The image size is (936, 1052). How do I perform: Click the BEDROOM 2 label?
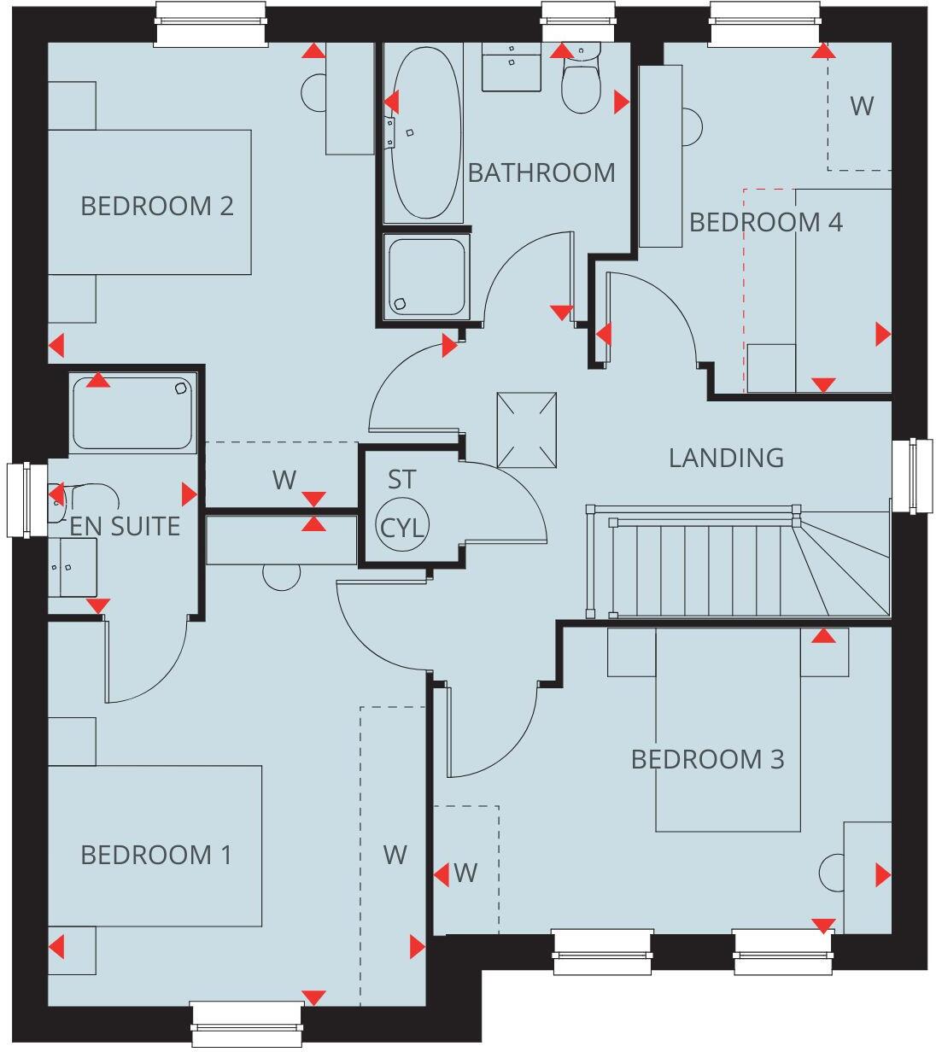click(x=156, y=206)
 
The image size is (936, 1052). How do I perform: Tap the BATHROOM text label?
click(x=541, y=172)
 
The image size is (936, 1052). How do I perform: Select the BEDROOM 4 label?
click(x=765, y=222)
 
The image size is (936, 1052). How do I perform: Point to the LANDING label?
click(x=726, y=458)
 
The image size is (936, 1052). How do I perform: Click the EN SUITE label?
click(x=125, y=526)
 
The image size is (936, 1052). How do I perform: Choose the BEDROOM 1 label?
click(x=155, y=855)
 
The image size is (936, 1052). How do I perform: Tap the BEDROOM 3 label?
click(x=707, y=759)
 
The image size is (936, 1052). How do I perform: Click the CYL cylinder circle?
click(x=402, y=527)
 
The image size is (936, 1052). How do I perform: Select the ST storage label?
click(x=401, y=480)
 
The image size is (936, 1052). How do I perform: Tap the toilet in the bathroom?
click(x=581, y=84)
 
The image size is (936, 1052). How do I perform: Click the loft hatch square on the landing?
click(x=527, y=430)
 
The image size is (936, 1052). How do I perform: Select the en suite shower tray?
click(x=133, y=412)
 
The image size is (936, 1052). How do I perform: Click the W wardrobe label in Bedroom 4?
click(x=862, y=106)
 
